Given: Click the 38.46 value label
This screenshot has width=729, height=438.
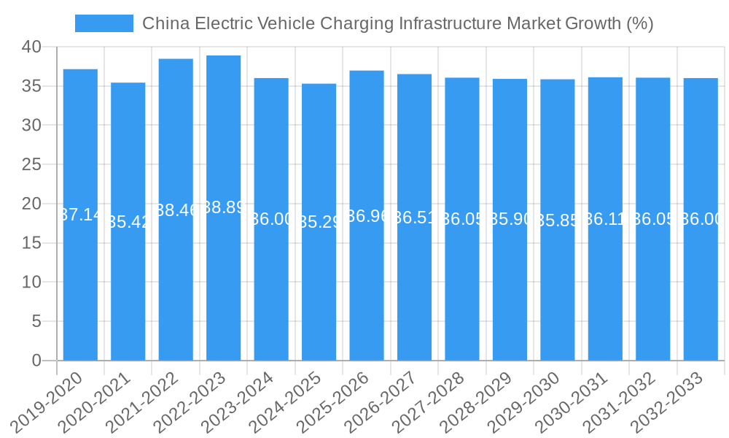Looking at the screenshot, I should point(176,210).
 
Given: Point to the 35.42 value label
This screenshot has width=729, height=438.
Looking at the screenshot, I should point(128,222).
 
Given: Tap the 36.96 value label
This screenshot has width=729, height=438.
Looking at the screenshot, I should point(367,216).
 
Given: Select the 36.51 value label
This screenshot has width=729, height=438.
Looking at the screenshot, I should point(414,218).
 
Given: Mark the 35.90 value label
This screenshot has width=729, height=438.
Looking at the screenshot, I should point(510,219).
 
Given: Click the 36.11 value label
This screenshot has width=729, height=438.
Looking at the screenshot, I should point(605,219).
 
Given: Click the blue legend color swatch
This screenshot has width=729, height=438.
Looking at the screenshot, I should point(104,23).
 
